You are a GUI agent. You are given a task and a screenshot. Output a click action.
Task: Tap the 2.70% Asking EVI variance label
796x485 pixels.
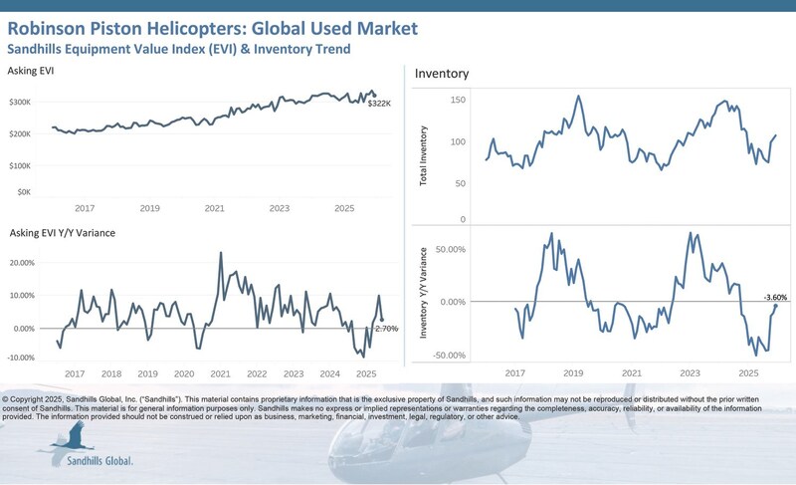(x=389, y=328)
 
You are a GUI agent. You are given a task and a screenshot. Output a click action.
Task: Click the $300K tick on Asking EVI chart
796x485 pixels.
(x=21, y=102)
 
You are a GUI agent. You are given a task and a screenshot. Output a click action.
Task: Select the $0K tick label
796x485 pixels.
(x=24, y=191)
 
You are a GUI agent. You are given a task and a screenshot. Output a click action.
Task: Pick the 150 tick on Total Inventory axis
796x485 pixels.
(x=458, y=100)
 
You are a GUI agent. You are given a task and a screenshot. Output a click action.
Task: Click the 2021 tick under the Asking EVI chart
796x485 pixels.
(x=214, y=208)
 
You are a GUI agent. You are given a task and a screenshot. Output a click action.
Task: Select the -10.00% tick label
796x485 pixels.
(x=20, y=358)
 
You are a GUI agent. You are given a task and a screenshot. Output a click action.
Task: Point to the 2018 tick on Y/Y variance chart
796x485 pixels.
(x=111, y=374)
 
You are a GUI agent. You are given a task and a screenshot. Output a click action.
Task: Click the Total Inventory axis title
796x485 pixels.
(x=424, y=155)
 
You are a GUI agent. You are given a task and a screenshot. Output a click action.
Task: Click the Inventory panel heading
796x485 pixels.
(x=442, y=74)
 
